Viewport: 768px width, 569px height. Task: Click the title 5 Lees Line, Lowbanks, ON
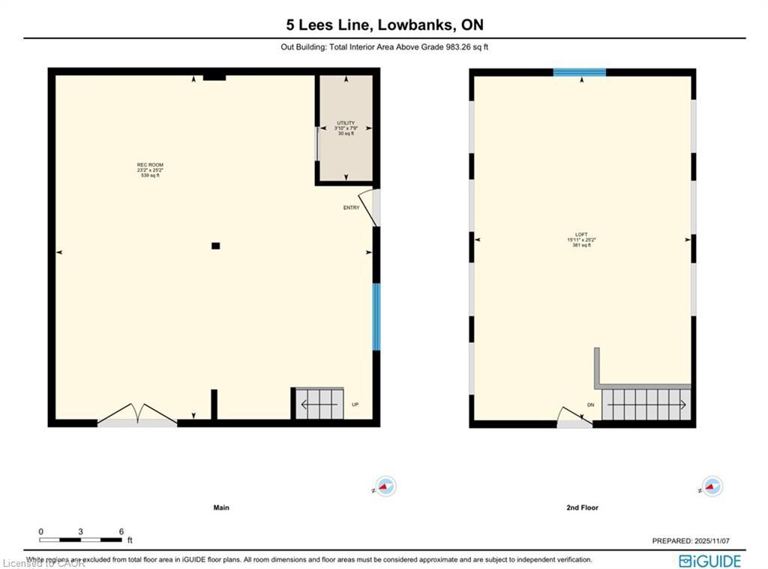tap(384, 25)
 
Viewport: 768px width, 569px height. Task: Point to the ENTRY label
tap(351, 208)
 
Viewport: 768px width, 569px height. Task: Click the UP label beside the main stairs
tap(355, 405)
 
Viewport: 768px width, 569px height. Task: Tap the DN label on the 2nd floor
tap(590, 405)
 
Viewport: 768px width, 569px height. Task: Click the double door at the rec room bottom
tap(136, 415)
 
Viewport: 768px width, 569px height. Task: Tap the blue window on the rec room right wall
tap(376, 316)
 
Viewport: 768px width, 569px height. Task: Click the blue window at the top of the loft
tap(579, 73)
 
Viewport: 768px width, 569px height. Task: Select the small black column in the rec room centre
tap(215, 245)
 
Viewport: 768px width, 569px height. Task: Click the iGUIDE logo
tap(709, 561)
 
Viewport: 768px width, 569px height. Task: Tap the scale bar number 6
tap(121, 531)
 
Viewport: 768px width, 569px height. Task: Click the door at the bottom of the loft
tap(574, 418)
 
